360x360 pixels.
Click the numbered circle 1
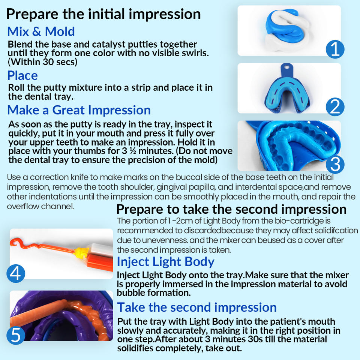335,49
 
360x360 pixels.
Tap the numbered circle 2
335,107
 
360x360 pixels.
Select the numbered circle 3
335,164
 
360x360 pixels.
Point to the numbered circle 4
16,273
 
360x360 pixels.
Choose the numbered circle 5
16,335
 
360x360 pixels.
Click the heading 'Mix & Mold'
41,31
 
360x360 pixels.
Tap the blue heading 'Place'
22,75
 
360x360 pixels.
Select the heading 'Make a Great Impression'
79,110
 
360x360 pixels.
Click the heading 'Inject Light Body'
165,262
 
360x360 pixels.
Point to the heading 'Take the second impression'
197,307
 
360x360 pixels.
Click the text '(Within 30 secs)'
42,62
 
